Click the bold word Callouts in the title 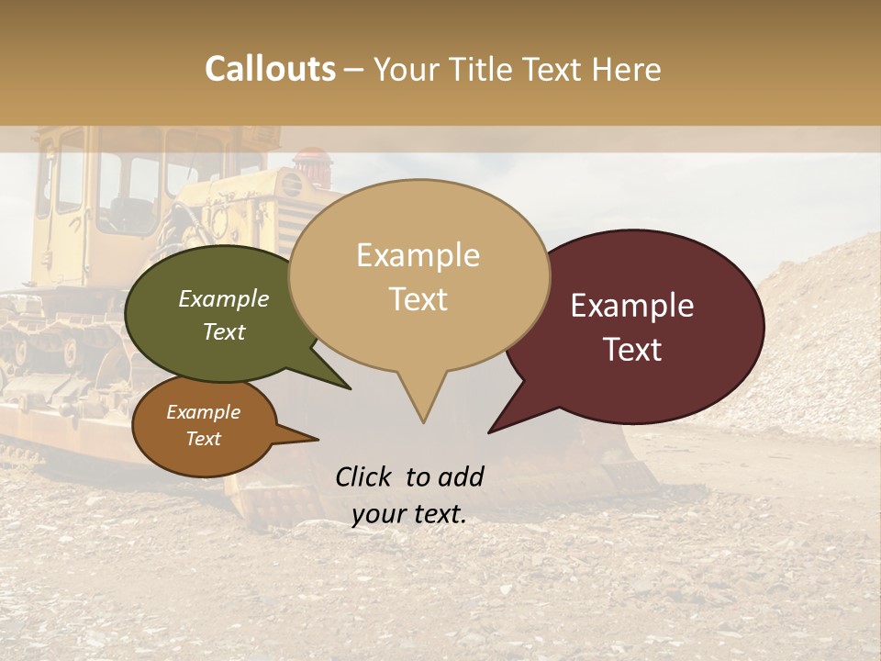(270, 70)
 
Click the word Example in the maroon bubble (632, 306)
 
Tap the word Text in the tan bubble (418, 299)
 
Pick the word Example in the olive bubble (223, 298)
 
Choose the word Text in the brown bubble (204, 439)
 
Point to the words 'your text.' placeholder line (409, 514)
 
